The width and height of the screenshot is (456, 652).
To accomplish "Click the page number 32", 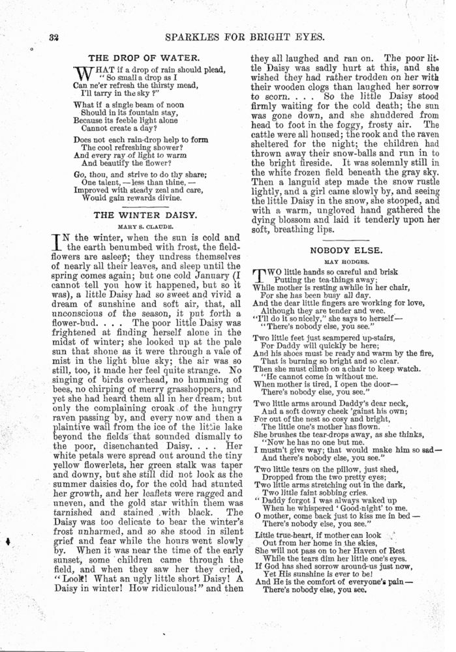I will click(54, 37).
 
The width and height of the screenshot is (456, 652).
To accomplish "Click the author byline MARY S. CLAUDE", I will click(145, 226).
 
